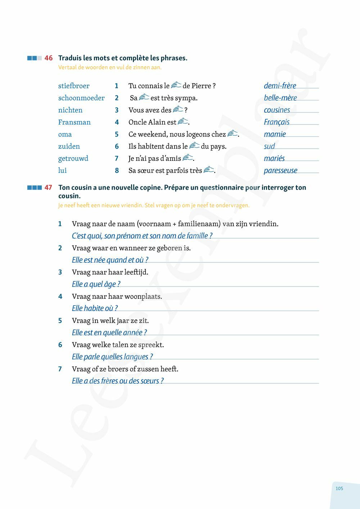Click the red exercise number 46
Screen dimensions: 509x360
[49, 58]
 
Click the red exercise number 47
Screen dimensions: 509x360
[49, 188]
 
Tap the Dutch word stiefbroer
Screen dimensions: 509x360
[74, 86]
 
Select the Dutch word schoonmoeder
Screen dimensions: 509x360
[81, 98]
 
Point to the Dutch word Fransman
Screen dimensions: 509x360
[75, 122]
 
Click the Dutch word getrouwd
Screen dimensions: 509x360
[73, 158]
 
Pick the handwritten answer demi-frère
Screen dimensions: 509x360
[280, 86]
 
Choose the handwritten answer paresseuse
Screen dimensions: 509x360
[280, 170]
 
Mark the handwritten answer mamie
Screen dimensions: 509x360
[275, 134]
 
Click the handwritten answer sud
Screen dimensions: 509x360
[269, 146]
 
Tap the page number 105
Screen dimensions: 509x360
[339, 488]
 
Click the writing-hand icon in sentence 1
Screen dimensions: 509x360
[176, 85]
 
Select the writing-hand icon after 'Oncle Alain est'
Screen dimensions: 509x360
[183, 122]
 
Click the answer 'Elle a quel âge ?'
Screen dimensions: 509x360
[96, 284]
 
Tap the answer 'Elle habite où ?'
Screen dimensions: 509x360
[95, 308]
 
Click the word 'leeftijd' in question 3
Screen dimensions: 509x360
[135, 272]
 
